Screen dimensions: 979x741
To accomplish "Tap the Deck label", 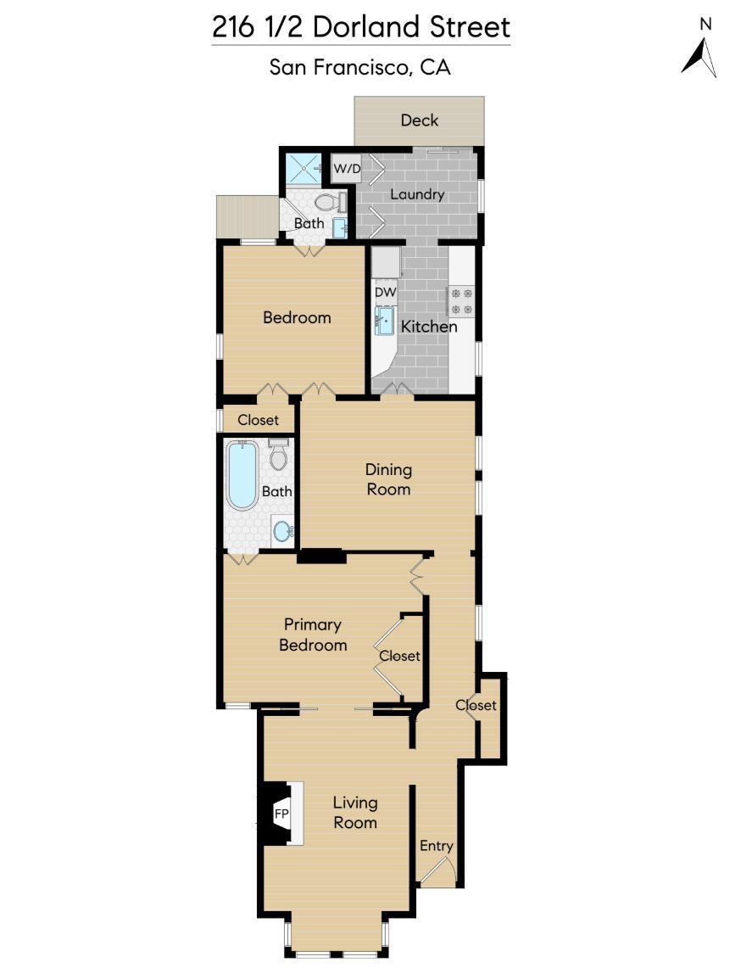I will tap(420, 120).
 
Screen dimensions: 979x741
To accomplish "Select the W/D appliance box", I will tap(346, 169).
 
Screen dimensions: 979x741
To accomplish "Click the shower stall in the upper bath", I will tap(303, 169).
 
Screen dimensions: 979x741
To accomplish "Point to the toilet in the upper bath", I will tap(328, 202).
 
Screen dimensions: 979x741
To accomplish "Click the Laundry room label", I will tap(417, 194).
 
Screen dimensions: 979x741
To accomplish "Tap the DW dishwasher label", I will tap(386, 292).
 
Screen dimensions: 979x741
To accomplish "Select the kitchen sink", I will tap(385, 322).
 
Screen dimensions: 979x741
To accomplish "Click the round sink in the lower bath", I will tap(282, 531).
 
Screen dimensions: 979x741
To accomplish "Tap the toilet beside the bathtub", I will tap(278, 456).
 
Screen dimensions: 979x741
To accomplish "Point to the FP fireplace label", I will tap(281, 814).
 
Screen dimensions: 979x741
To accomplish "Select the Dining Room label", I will tap(388, 479).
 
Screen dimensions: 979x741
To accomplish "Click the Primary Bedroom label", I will tap(313, 635).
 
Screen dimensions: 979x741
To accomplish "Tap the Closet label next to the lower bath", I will tap(258, 420).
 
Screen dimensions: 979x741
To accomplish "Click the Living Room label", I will tap(354, 812).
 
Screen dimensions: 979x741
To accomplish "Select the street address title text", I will tap(361, 28).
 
